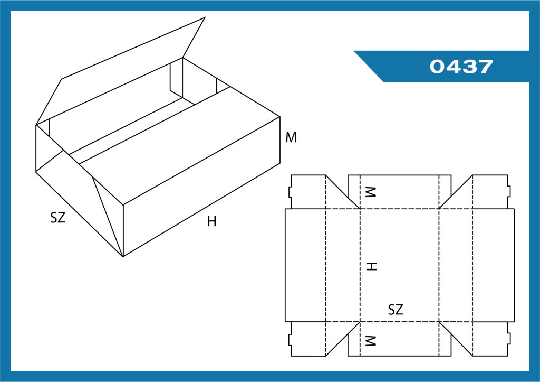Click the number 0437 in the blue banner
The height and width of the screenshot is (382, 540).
461,66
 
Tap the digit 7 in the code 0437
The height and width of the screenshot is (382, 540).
486,66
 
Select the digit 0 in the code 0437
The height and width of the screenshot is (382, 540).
437,66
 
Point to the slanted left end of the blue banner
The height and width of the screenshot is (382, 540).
369,66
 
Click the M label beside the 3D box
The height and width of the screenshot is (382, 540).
291,137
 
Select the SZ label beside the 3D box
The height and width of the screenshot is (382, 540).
57,218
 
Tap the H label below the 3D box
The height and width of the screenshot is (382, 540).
212,221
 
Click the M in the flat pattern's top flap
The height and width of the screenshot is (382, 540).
371,192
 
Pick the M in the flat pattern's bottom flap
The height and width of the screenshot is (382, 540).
371,341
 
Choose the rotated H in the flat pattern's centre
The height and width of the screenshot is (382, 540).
372,266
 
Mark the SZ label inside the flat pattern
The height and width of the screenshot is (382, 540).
396,310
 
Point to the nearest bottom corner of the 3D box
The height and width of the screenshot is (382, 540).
123,257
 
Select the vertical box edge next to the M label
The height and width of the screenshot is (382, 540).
279,140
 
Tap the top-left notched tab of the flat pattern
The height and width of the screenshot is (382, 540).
307,192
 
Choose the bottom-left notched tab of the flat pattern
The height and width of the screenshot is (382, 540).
307,339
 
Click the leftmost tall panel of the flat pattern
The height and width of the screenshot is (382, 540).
305,265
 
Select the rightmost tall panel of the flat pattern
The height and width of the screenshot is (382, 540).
494,265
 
